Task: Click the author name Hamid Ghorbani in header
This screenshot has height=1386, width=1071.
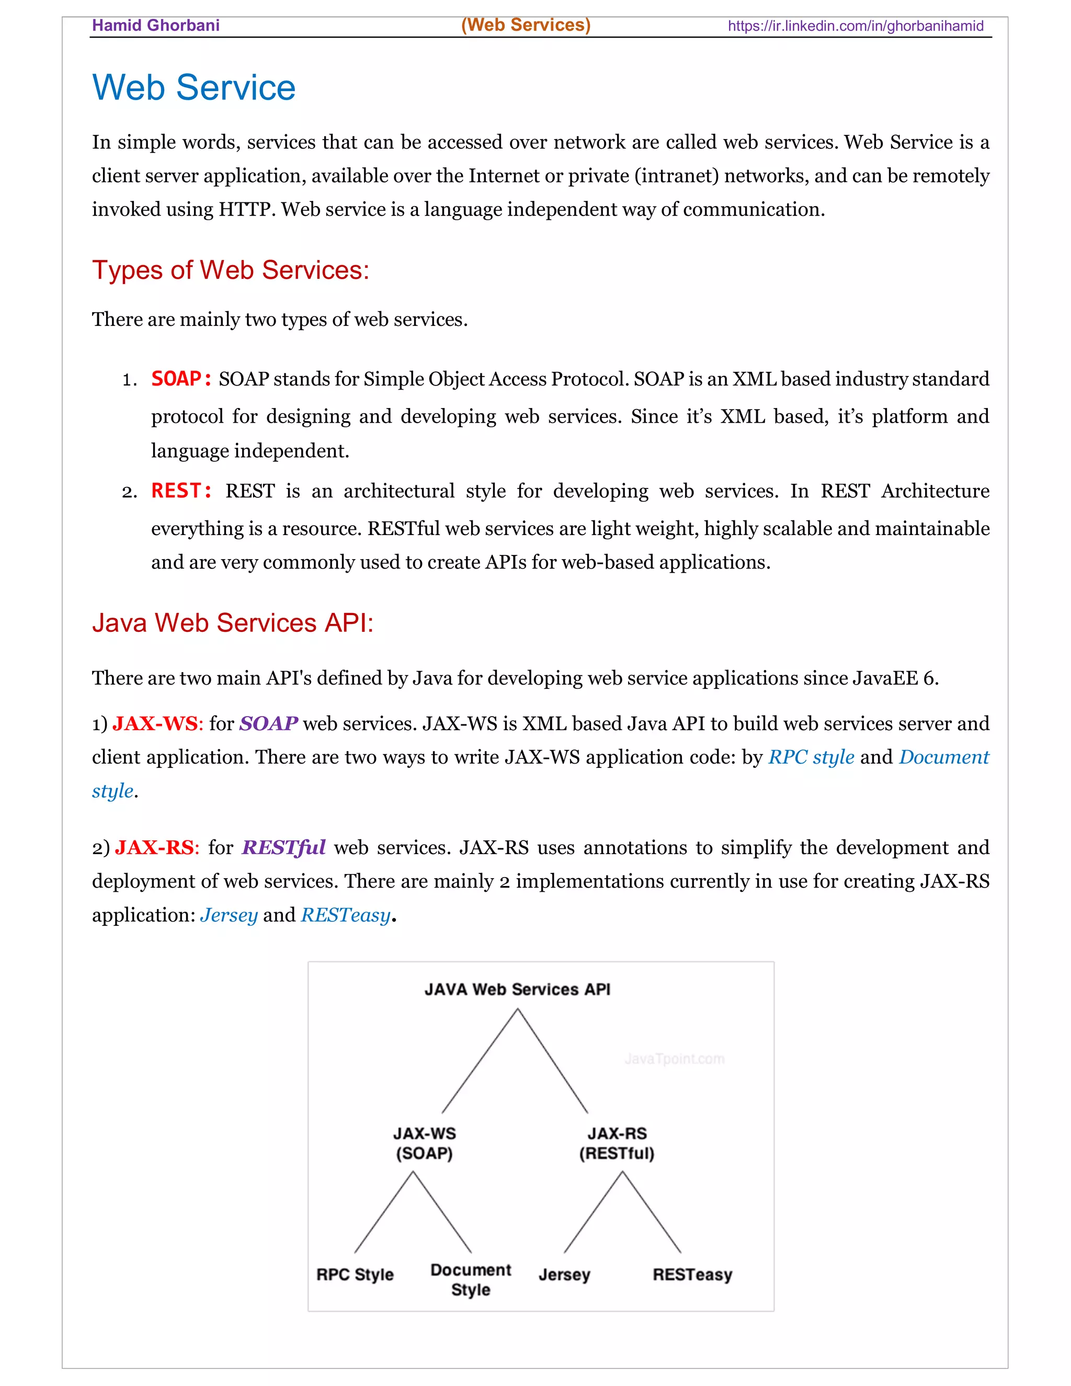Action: (x=155, y=26)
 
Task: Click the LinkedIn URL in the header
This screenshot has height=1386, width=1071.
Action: (x=854, y=26)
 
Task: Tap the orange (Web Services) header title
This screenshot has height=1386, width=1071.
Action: (x=526, y=25)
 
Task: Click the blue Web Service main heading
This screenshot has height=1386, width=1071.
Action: (x=193, y=87)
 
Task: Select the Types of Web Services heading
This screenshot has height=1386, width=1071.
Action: (x=230, y=270)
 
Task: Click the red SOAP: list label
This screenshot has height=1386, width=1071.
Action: (x=181, y=379)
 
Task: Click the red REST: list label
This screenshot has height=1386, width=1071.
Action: (x=181, y=491)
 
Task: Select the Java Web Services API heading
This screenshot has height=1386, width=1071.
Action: (x=232, y=622)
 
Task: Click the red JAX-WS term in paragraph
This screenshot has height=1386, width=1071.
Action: (x=155, y=723)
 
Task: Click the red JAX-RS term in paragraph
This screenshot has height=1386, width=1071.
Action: (x=154, y=847)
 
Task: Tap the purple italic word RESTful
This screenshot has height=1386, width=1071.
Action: (x=283, y=847)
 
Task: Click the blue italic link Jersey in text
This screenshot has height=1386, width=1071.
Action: (x=229, y=915)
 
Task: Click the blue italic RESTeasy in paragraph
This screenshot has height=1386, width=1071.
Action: (x=345, y=915)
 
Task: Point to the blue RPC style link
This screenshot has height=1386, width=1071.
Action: (x=811, y=757)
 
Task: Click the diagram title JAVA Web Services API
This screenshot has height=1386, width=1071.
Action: (x=517, y=990)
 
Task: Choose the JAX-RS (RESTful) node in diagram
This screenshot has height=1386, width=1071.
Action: (x=617, y=1143)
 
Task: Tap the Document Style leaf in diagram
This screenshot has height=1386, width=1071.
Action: (x=471, y=1279)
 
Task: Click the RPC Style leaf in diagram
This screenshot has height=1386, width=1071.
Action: (x=355, y=1274)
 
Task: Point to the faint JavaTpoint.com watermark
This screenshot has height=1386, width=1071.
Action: (x=674, y=1059)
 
